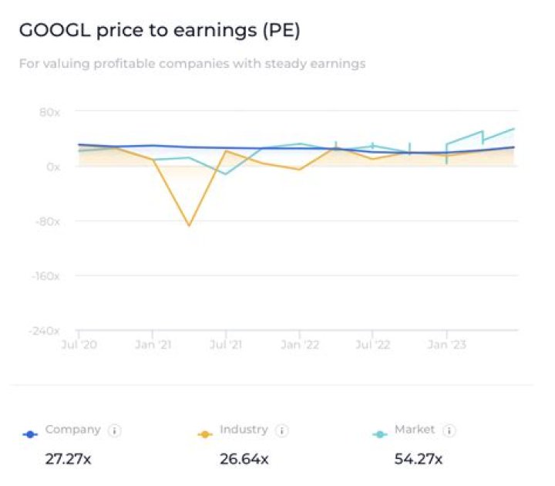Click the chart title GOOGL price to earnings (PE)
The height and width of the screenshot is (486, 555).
(159, 31)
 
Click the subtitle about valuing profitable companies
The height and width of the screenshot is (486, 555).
(192, 64)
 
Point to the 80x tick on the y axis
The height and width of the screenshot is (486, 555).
(49, 112)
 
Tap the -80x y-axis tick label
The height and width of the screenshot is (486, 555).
(47, 221)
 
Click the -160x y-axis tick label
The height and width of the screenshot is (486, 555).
(45, 276)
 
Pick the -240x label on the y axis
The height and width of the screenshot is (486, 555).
(45, 331)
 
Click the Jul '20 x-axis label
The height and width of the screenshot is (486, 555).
(79, 345)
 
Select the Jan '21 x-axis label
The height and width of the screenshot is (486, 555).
(153, 345)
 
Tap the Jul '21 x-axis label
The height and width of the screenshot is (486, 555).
(225, 345)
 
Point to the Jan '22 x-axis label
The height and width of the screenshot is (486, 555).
(299, 345)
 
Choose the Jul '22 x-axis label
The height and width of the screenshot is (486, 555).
(372, 345)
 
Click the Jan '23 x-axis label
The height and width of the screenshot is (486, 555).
(446, 345)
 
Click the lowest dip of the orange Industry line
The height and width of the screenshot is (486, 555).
(189, 225)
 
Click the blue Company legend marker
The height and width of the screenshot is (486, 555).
(30, 434)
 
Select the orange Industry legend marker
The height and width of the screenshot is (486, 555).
(204, 434)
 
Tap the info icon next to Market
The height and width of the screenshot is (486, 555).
(449, 430)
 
